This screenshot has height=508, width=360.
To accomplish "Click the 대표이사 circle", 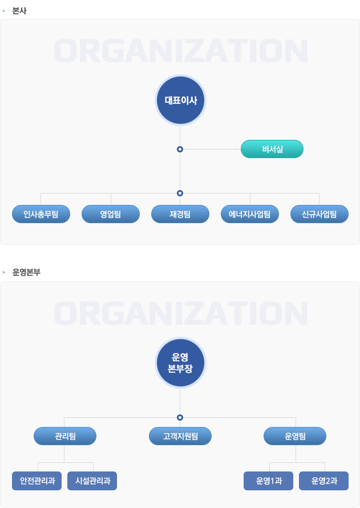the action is [180, 100].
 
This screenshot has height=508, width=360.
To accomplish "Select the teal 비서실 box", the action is [272, 149].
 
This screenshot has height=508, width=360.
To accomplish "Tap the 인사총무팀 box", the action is [41, 214].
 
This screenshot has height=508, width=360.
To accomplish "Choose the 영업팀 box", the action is [111, 214].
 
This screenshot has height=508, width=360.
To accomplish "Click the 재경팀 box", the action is [180, 214].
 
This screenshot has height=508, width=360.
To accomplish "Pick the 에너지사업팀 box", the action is [250, 214].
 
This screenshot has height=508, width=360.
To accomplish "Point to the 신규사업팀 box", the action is [319, 214].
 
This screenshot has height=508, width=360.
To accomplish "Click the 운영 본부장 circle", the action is [180, 362].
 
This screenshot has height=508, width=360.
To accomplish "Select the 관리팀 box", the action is [65, 436].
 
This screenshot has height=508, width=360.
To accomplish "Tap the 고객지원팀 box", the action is [180, 436].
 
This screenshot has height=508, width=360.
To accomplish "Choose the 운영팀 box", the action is [295, 436].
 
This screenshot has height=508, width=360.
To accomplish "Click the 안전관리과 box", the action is [37, 481].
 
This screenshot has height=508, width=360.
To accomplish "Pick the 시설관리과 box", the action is [92, 481].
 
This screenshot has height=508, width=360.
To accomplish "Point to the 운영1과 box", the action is [268, 481].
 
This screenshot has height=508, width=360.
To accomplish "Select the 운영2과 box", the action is [323, 481].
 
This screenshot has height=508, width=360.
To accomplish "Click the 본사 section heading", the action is [19, 11].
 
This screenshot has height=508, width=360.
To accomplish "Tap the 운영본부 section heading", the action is [26, 272].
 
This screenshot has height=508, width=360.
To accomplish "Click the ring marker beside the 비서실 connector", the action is [180, 150].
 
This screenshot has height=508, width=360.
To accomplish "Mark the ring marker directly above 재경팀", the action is [180, 193].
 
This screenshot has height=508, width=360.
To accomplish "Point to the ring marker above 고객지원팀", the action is [180, 417].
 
